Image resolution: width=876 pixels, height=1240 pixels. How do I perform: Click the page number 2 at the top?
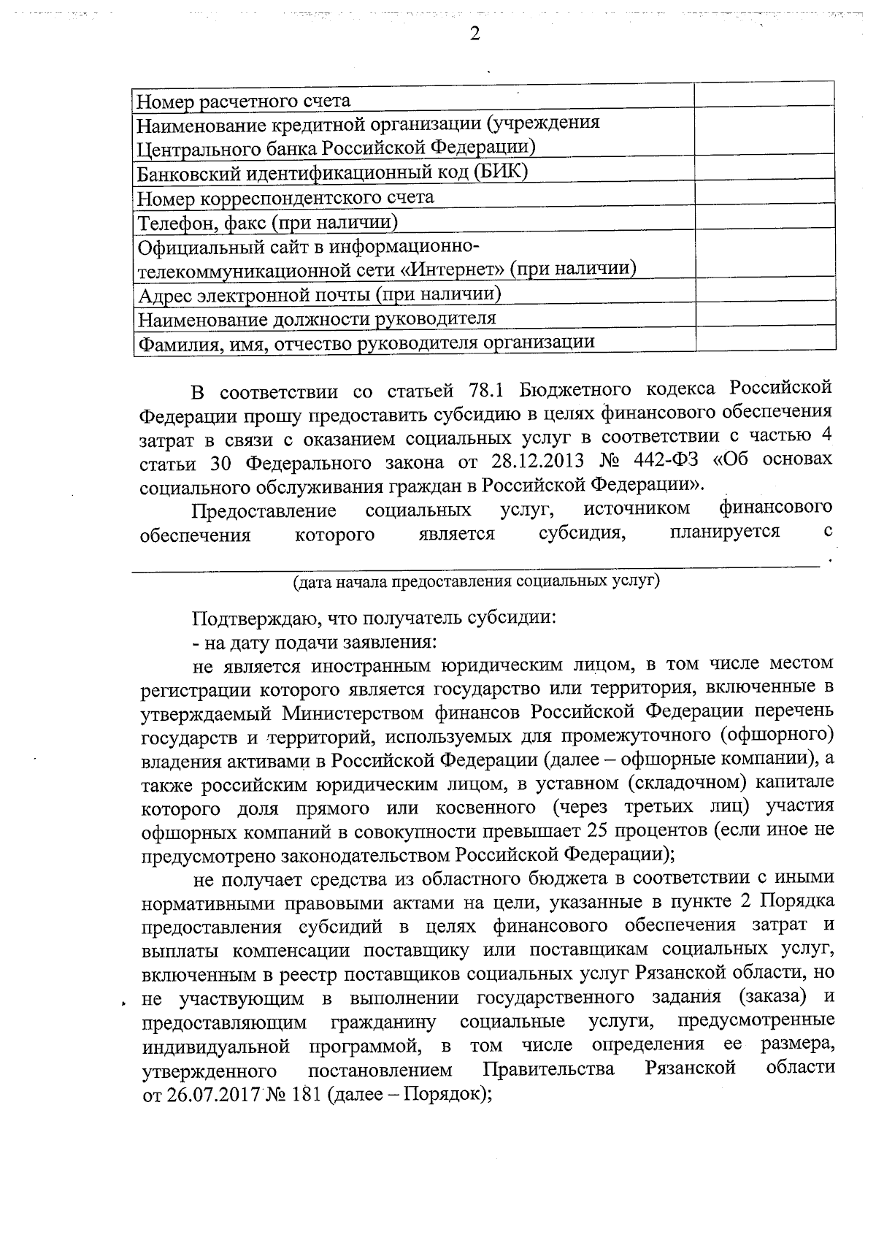tap(474, 34)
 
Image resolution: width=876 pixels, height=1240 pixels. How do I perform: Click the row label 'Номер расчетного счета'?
tap(244, 100)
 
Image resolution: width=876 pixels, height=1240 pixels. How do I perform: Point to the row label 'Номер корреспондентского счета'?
tap(285, 197)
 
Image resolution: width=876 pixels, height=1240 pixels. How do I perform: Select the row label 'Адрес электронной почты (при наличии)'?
tap(319, 294)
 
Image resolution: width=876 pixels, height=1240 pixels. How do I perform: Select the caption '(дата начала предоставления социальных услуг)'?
tap(476, 582)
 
